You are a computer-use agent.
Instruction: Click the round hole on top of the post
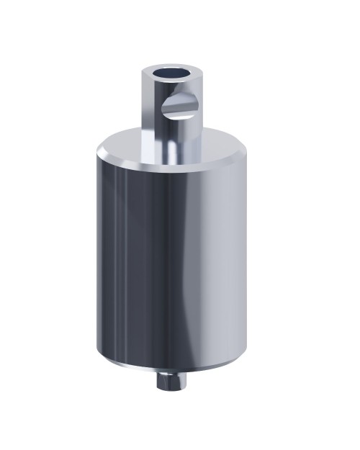pos(172,73)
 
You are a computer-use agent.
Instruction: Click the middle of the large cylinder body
pos(173,259)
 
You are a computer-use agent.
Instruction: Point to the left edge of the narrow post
pos(143,115)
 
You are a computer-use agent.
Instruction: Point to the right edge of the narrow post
pos(201,115)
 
